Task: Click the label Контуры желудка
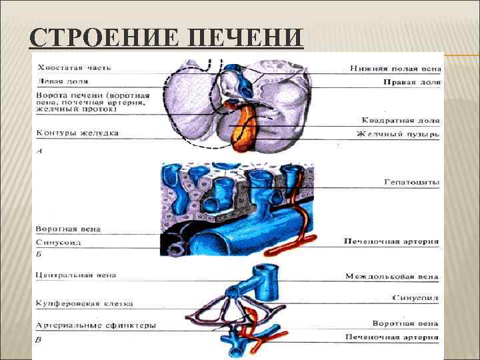(x=77, y=133)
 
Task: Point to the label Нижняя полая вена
(x=395, y=68)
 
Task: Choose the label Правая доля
(x=411, y=82)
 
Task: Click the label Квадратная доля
(x=401, y=121)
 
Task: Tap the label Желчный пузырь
(x=398, y=133)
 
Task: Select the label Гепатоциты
(x=411, y=181)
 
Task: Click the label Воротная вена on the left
(x=69, y=229)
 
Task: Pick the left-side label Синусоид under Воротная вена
(x=59, y=243)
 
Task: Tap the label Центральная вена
(x=77, y=274)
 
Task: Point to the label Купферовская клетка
(x=84, y=303)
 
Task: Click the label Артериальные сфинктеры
(x=96, y=325)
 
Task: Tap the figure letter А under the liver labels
(x=39, y=151)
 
